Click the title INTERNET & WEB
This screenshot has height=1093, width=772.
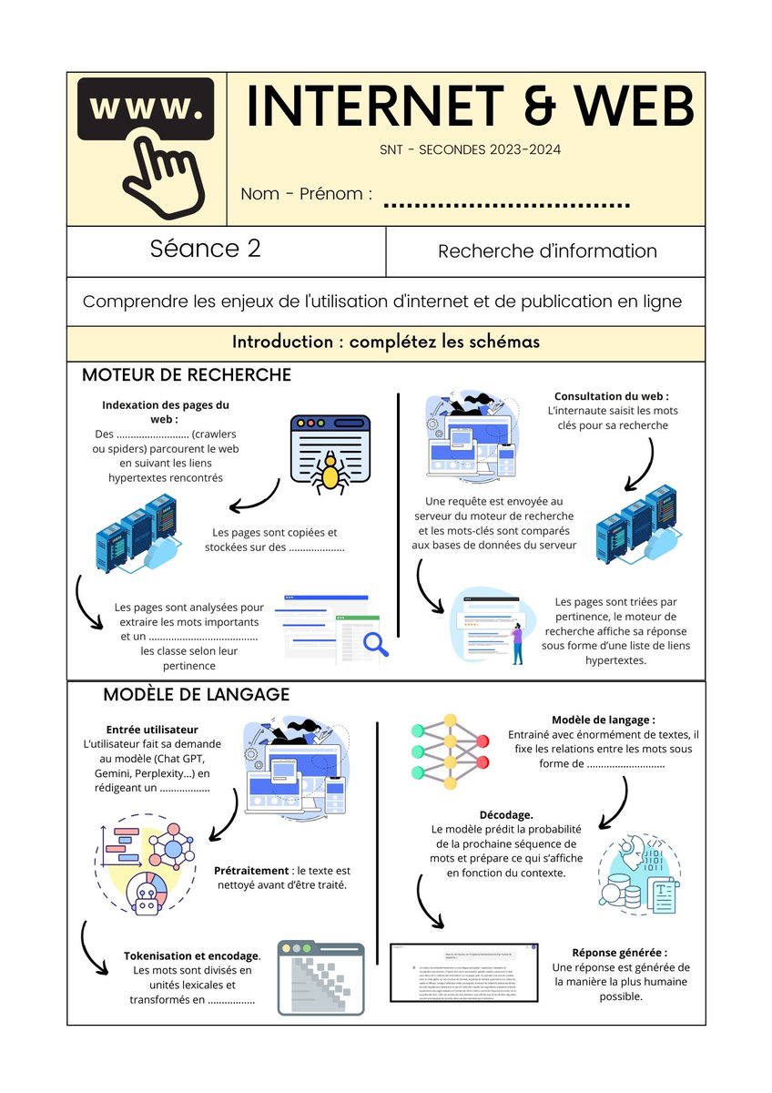470,107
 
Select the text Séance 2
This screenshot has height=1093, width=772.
206,249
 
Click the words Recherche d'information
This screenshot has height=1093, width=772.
547,250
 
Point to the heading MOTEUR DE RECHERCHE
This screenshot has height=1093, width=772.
187,374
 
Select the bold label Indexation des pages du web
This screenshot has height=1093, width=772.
166,412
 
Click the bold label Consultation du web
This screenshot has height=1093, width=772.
612,396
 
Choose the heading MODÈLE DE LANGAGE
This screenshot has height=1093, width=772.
196,694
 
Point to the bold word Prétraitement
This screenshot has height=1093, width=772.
252,871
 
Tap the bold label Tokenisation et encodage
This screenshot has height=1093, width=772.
192,955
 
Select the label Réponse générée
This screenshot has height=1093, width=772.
614,952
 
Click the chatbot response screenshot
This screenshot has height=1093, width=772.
464,972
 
